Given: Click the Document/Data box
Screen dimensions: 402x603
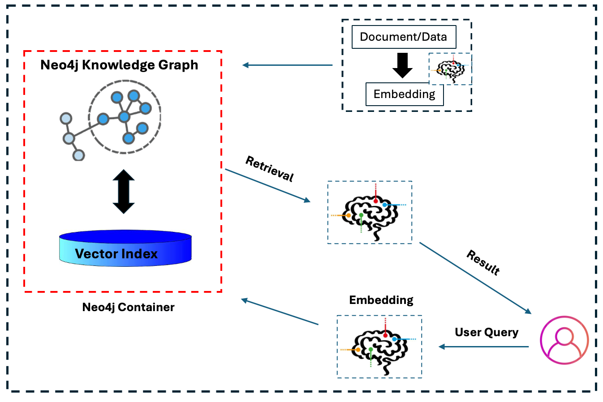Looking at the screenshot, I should [x=404, y=37].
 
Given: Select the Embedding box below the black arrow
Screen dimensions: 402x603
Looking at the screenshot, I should [x=405, y=94].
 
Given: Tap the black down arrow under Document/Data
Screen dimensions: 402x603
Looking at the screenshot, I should [x=402, y=65].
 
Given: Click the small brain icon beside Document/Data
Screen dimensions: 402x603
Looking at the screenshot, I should [x=450, y=69].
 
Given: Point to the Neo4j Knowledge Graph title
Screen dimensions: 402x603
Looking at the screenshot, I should [x=119, y=65].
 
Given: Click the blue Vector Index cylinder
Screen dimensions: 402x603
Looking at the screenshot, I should [x=125, y=249].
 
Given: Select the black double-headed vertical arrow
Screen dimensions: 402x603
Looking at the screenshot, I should [x=124, y=192].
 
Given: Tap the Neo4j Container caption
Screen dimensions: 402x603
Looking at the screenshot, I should [x=128, y=308].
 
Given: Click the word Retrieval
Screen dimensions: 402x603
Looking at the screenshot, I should [x=270, y=169].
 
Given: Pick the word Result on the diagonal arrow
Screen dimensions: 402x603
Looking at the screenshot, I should [x=483, y=262].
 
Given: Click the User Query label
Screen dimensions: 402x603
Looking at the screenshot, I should [x=487, y=332].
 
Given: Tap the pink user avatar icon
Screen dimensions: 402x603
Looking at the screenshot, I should [x=564, y=340].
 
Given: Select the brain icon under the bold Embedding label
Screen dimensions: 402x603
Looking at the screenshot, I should [x=379, y=347].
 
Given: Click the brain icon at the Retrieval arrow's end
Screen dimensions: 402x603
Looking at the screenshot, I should [x=370, y=213].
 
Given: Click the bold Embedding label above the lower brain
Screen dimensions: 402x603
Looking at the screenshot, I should [x=381, y=300].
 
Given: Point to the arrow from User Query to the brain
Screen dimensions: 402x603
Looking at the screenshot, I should [x=484, y=346].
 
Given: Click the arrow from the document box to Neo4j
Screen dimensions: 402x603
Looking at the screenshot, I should [x=288, y=65].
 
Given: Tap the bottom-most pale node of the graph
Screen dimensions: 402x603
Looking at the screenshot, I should [x=79, y=155].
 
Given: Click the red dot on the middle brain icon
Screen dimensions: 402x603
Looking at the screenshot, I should [x=375, y=201].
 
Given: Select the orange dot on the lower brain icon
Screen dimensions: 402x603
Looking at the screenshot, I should [x=358, y=350].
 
